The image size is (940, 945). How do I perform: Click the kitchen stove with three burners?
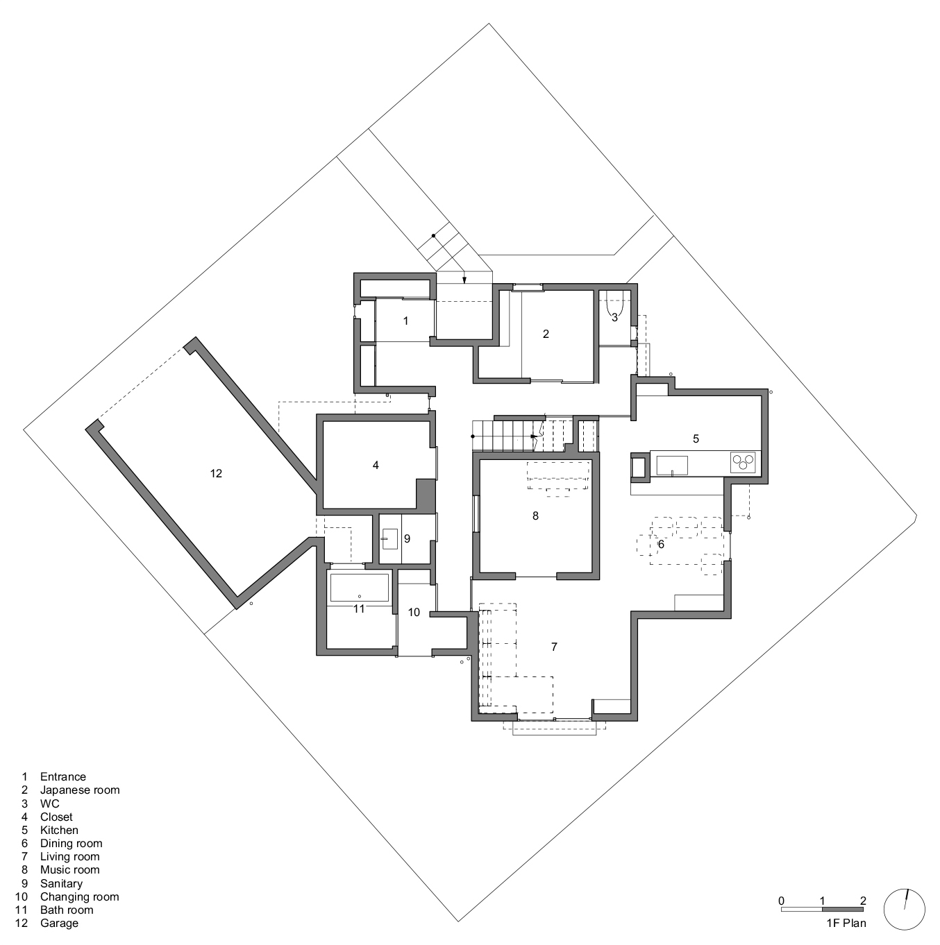click(x=743, y=462)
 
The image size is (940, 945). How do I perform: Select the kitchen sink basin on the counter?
click(x=672, y=466)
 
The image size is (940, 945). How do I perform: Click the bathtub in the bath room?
click(x=360, y=587)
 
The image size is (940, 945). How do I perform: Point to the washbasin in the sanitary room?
click(x=390, y=539)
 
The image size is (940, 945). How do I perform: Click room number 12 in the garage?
click(x=216, y=473)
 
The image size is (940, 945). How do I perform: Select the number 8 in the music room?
click(x=535, y=516)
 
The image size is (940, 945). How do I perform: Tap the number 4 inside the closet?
click(x=376, y=465)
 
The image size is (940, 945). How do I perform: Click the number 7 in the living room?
click(x=554, y=647)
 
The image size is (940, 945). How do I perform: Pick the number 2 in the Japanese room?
click(x=546, y=334)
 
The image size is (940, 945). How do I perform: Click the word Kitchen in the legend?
click(x=59, y=830)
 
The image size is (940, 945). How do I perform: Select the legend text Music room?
click(x=69, y=869)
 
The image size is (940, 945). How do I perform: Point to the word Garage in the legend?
click(x=59, y=923)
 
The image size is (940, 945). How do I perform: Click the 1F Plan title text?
click(x=846, y=923)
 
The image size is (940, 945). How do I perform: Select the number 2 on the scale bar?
click(x=863, y=901)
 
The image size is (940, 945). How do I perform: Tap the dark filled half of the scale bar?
click(x=842, y=909)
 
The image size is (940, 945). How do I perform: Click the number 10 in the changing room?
click(x=414, y=612)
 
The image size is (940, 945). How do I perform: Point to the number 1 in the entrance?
click(x=405, y=321)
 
